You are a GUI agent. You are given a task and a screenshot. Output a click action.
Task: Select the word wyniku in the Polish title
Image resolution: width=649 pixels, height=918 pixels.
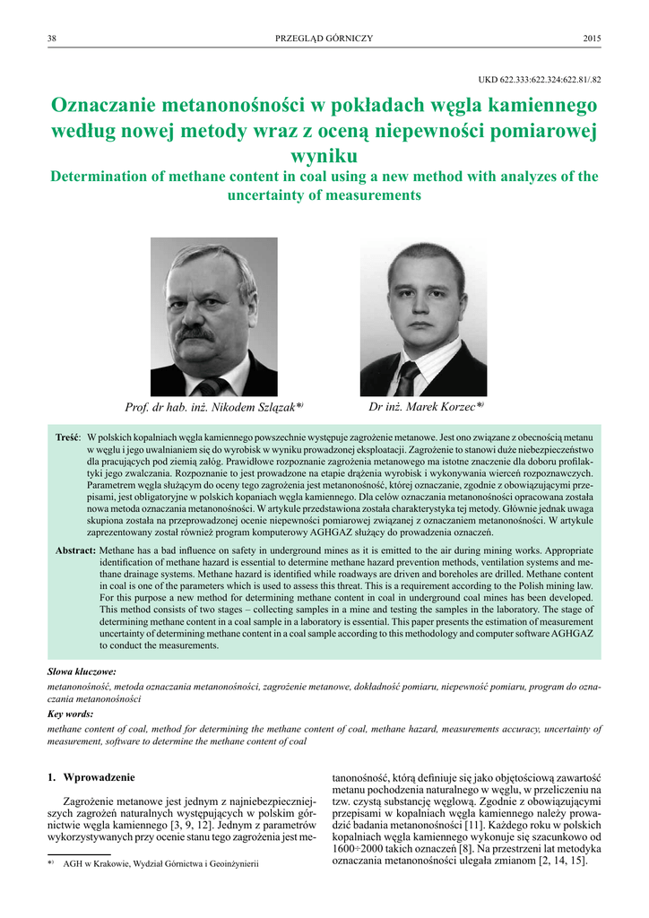tap(324, 156)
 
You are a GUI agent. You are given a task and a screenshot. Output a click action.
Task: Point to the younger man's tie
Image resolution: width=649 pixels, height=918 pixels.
tap(408, 378)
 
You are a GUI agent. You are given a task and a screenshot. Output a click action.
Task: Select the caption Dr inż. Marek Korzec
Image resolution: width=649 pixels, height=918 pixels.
tap(425, 407)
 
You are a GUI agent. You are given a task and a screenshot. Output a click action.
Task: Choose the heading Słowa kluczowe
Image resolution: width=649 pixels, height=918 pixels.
tap(81, 671)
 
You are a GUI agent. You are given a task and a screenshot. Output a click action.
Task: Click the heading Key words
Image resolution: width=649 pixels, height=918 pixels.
tap(69, 714)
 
